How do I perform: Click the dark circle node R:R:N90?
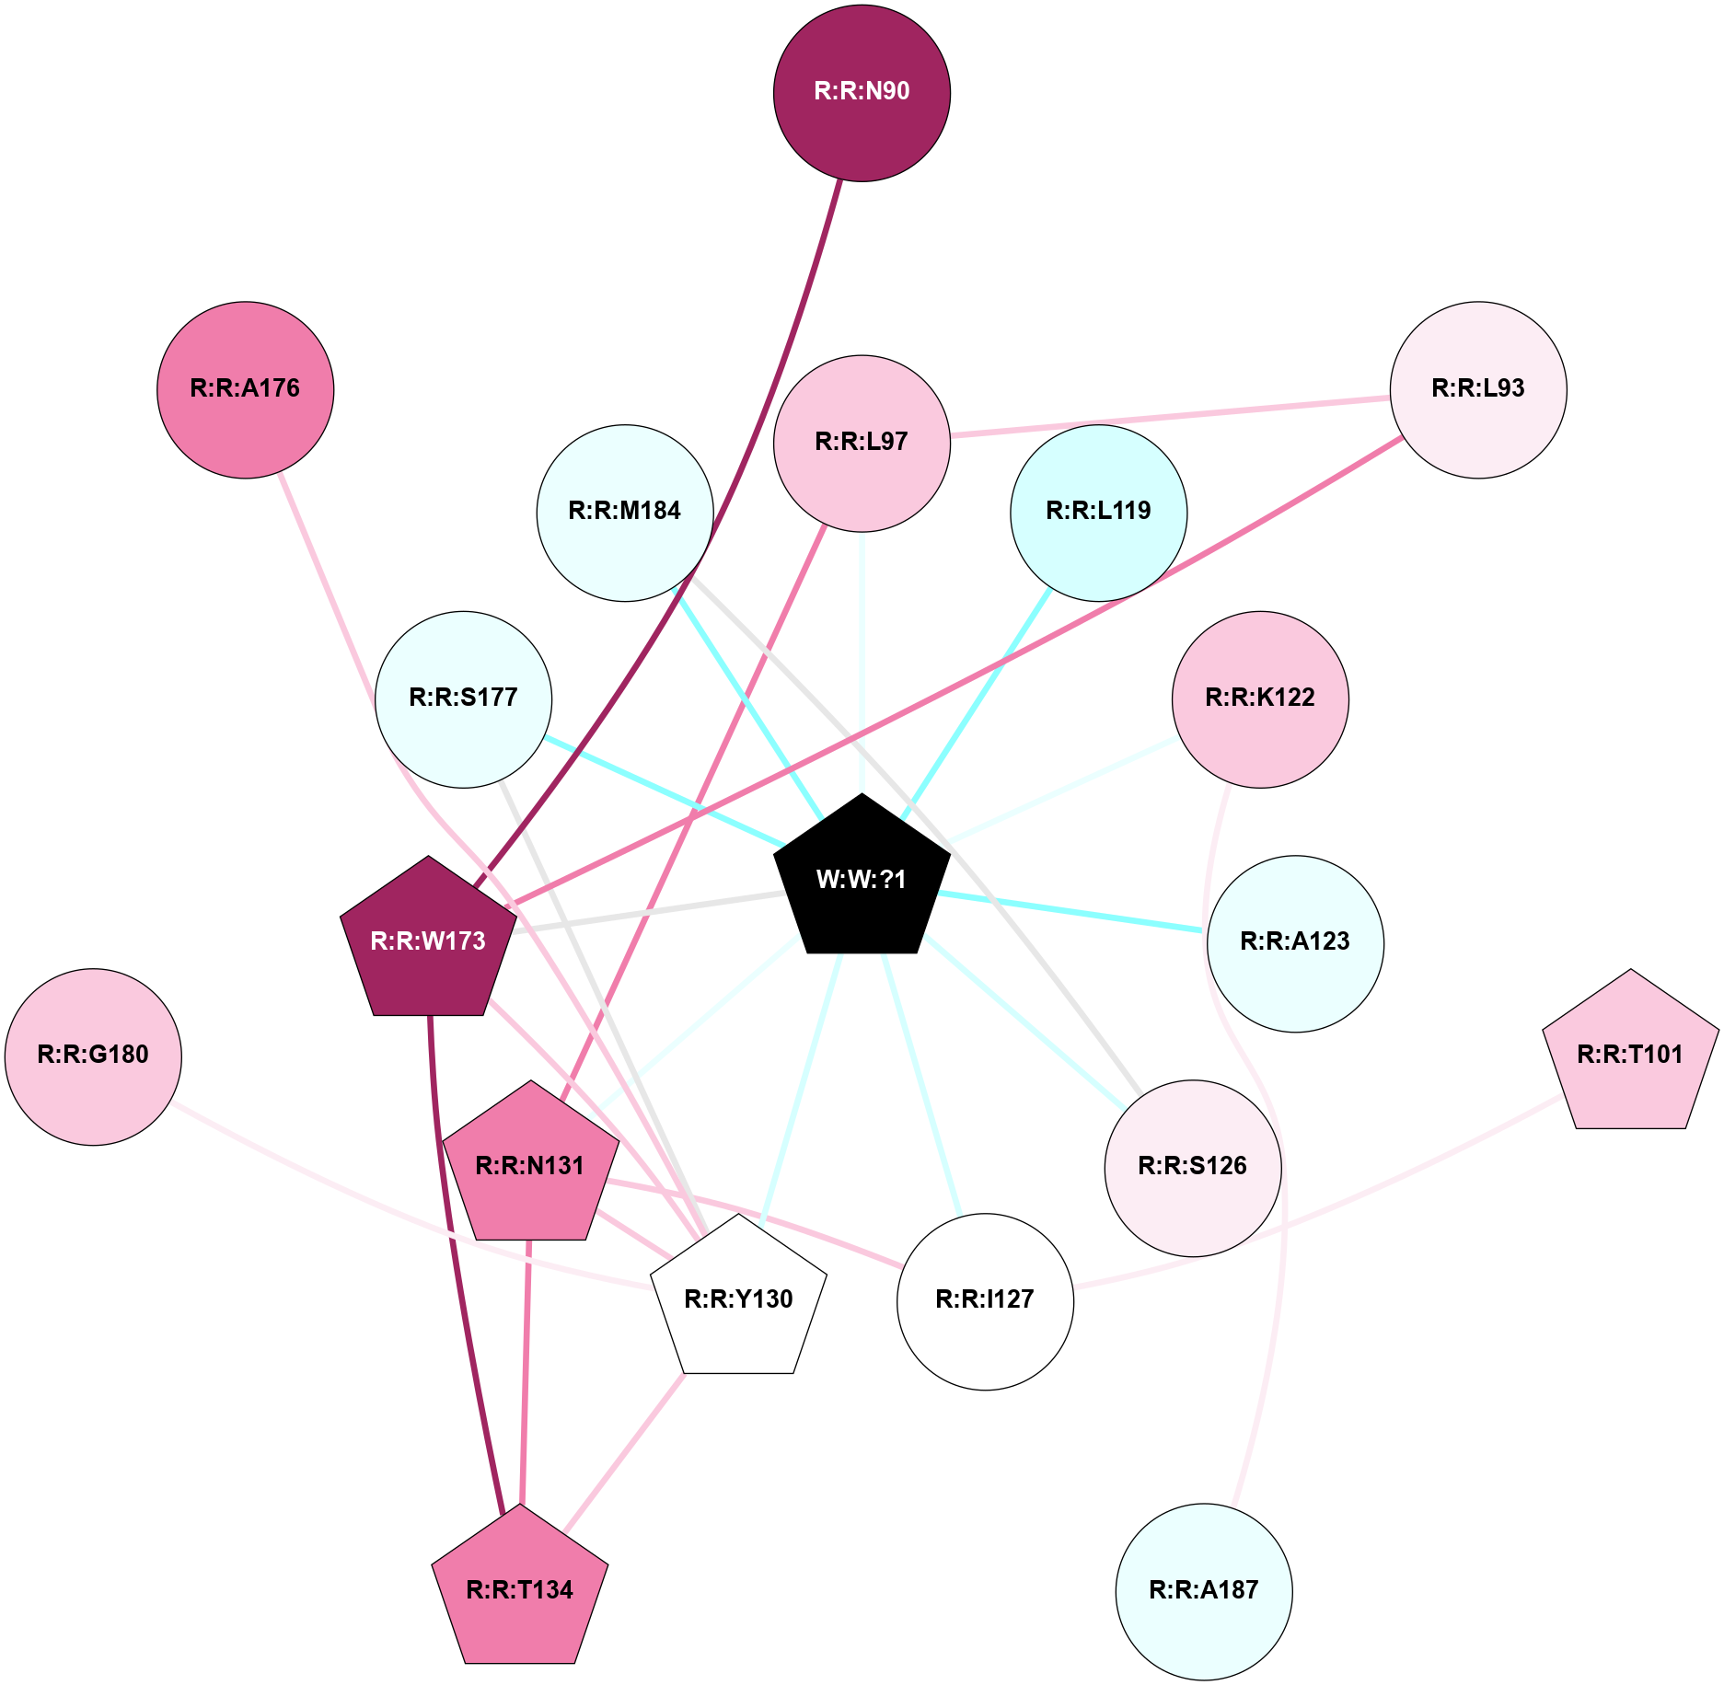[862, 93]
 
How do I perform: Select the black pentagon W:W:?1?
[862, 878]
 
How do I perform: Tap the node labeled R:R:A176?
[246, 389]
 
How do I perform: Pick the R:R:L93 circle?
[1477, 389]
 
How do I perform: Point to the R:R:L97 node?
[862, 443]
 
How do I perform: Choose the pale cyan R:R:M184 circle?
[625, 513]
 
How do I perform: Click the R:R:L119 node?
[1098, 513]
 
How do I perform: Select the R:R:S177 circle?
[464, 699]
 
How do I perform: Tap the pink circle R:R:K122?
[1260, 699]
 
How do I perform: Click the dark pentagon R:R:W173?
[428, 941]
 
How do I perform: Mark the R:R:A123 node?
[1295, 943]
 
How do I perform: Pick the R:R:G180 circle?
[93, 1056]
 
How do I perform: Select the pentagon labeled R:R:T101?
[1630, 1054]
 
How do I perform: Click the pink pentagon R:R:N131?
[530, 1165]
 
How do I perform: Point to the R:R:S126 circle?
[1193, 1168]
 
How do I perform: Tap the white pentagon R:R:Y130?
[738, 1298]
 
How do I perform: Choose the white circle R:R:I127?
[985, 1301]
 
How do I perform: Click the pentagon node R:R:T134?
[520, 1589]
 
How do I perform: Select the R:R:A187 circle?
[1204, 1591]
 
